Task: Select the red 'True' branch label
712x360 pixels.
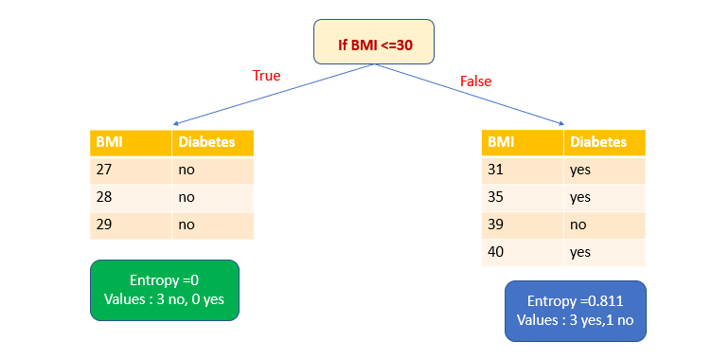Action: [x=266, y=75]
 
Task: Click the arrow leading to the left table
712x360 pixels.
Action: [x=275, y=95]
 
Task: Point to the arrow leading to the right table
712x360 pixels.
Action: [x=473, y=96]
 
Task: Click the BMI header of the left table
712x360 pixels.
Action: [x=131, y=143]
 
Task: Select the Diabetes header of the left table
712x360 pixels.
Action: [x=212, y=143]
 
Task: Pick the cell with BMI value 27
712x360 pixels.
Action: [x=131, y=171]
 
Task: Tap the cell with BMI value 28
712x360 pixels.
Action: [x=131, y=198]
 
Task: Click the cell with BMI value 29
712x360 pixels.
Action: [x=131, y=225]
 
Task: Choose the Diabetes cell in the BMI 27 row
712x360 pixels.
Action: [x=212, y=171]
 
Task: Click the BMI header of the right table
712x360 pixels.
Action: [x=523, y=142]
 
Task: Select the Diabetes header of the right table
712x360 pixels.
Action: [x=604, y=142]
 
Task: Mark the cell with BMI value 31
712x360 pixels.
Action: [x=523, y=170]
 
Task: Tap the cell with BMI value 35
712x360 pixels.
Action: [x=523, y=197]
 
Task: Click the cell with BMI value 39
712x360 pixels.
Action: [x=523, y=225]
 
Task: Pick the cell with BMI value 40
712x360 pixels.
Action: [x=523, y=252]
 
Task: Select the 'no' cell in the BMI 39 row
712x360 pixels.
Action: [x=604, y=225]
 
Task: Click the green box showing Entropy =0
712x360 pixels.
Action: [x=165, y=291]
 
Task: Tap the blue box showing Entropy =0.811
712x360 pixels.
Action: [x=575, y=311]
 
